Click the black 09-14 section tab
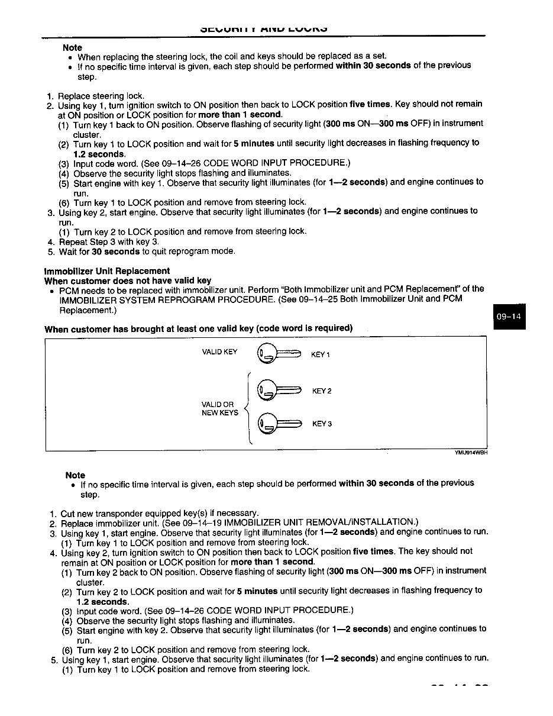(x=509, y=316)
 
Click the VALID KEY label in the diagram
(x=219, y=352)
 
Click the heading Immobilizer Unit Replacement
(x=107, y=271)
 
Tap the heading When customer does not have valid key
(x=128, y=280)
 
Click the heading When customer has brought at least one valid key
(x=198, y=328)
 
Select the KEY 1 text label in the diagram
(x=320, y=355)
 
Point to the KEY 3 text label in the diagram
(x=322, y=424)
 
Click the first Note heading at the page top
(x=72, y=47)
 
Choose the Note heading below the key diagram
(x=75, y=475)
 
